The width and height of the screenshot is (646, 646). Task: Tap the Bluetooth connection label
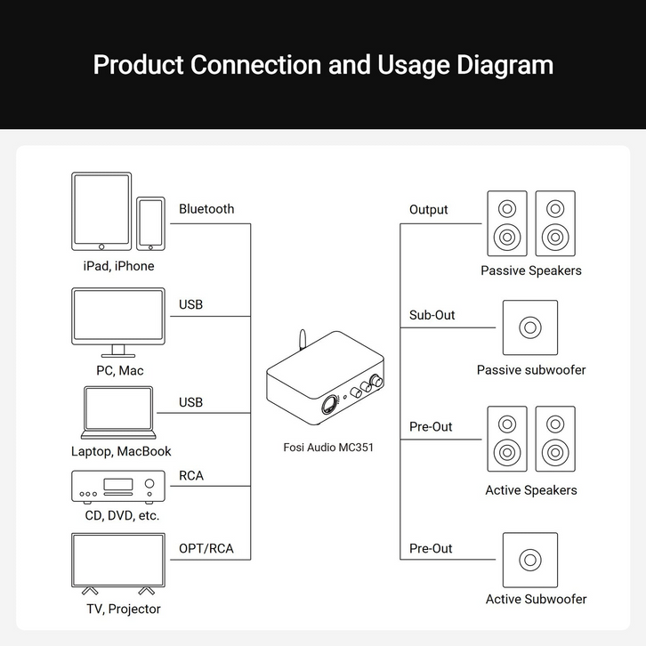click(206, 209)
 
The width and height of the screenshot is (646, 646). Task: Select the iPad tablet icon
click(101, 212)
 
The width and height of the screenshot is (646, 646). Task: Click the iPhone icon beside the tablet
click(150, 223)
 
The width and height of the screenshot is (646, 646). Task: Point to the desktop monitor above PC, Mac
click(118, 322)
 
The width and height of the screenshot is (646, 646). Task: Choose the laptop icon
click(118, 412)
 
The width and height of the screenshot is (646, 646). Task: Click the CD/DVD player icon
click(118, 487)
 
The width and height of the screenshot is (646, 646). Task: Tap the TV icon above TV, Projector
click(118, 563)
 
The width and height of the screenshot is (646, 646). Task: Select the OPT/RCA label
click(206, 548)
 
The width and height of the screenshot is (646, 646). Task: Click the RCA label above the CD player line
click(191, 475)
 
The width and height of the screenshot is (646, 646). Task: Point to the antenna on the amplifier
click(303, 339)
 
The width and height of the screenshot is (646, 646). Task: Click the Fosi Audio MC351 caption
click(328, 448)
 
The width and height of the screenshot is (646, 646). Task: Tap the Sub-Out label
click(432, 315)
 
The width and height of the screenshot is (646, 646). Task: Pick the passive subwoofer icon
click(530, 327)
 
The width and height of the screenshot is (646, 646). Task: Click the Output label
click(429, 210)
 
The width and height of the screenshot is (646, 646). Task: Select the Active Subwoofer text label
click(536, 599)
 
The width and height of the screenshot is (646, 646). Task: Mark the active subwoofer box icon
click(530, 560)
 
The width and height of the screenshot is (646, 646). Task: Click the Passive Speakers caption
click(531, 271)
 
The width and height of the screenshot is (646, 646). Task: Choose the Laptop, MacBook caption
click(121, 451)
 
